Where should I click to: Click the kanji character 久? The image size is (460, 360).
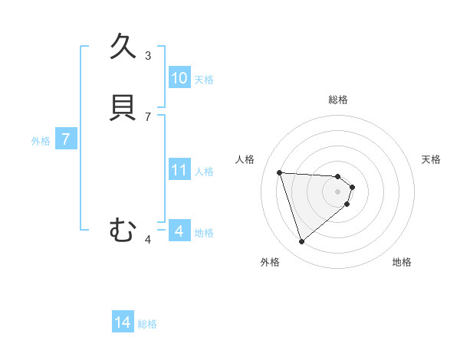click(123, 47)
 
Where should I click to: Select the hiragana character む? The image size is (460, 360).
click(123, 229)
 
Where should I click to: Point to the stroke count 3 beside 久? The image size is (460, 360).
click(148, 55)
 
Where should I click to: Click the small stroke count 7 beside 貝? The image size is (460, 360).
click(148, 116)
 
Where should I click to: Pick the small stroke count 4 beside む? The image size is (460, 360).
click(148, 240)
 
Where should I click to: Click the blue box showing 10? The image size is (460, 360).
click(179, 78)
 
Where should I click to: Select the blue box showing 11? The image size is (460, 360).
click(179, 170)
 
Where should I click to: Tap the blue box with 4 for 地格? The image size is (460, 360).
click(179, 231)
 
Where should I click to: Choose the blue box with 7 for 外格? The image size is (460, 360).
click(66, 140)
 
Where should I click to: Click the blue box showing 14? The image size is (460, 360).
click(123, 323)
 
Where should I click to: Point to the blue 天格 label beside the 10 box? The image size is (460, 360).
click(204, 80)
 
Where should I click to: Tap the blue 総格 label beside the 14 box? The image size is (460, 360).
click(147, 325)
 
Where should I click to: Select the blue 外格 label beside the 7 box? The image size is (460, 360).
click(41, 141)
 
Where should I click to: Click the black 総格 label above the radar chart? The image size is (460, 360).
click(338, 100)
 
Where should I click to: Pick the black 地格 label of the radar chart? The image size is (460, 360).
click(402, 262)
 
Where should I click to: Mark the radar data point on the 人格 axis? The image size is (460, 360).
click(279, 172)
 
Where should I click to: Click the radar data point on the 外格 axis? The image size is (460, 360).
click(301, 242)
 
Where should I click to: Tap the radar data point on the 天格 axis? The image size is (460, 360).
click(352, 187)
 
